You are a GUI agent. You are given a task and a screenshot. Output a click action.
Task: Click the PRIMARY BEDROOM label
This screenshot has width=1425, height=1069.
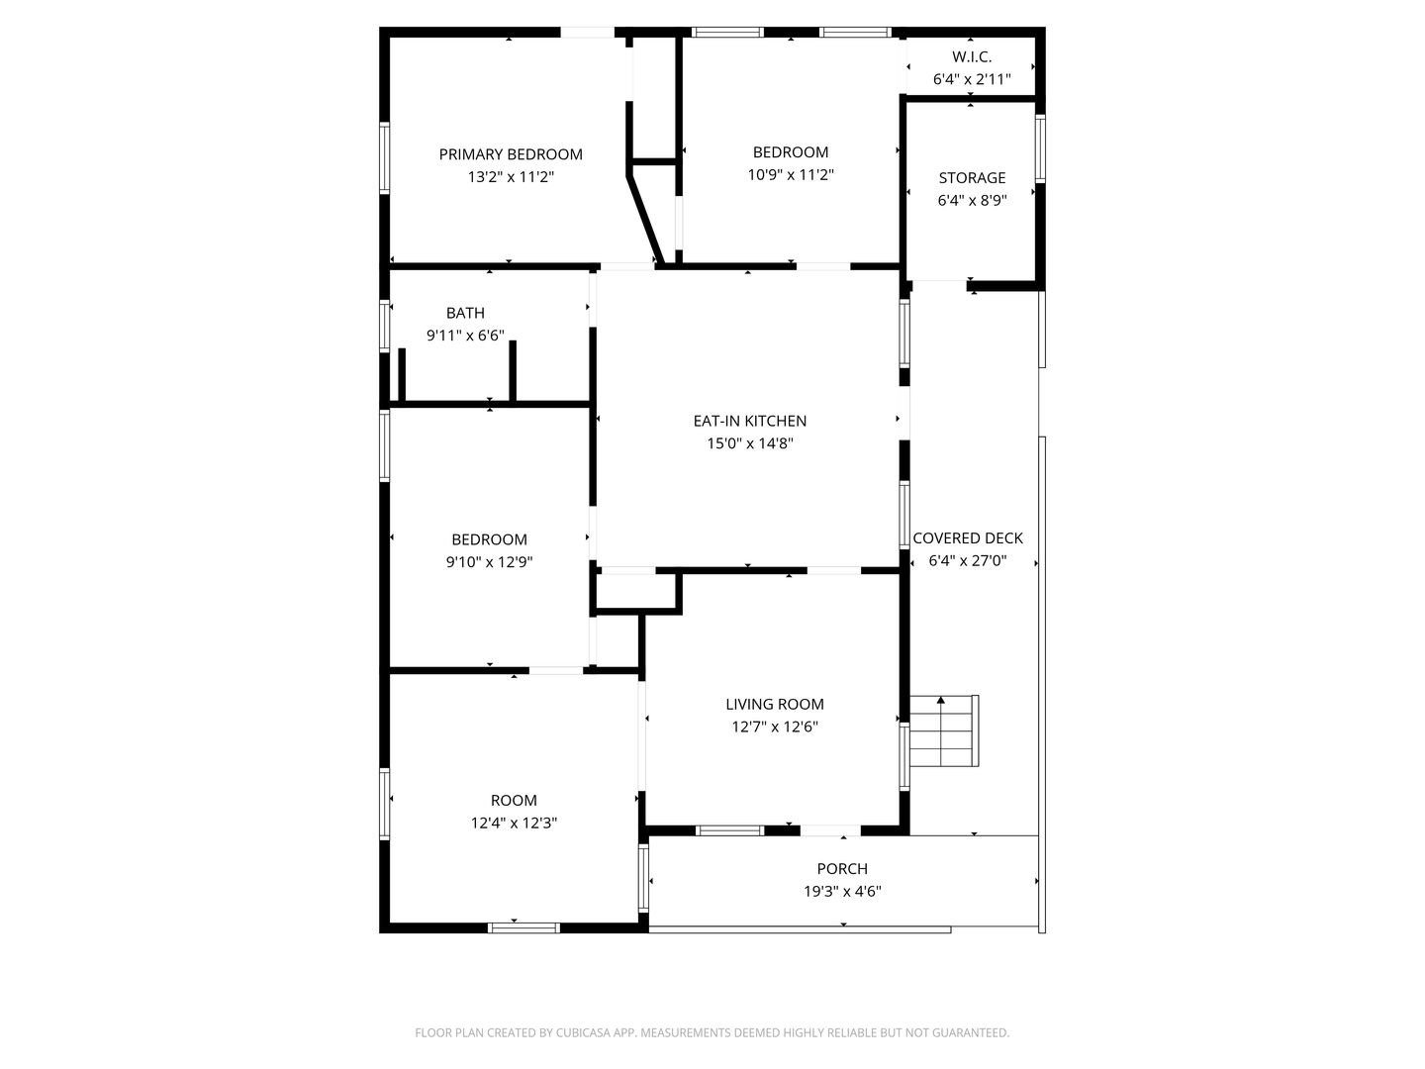[x=511, y=154]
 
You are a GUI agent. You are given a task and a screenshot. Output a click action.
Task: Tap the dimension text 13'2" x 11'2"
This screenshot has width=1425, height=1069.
[x=511, y=177]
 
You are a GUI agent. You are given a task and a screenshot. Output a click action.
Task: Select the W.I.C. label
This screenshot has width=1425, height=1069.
[x=972, y=57]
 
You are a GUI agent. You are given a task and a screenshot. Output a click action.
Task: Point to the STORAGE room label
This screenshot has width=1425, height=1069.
[x=972, y=178]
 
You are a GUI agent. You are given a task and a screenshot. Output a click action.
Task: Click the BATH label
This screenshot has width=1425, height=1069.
[x=465, y=314]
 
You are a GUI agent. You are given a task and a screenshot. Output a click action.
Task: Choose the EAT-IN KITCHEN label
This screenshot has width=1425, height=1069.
[x=749, y=422]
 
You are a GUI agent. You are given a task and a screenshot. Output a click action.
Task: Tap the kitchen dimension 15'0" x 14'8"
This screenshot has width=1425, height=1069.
[x=749, y=444]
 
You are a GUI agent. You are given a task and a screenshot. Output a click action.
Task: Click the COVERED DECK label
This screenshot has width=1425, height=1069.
[x=968, y=538]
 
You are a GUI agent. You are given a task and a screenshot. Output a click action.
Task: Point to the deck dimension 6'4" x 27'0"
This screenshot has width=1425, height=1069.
[x=968, y=561]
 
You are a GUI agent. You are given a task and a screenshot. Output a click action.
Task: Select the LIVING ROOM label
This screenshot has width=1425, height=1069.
[x=775, y=705]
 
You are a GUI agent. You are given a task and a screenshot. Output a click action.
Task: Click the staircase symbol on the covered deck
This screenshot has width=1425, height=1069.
[x=943, y=731]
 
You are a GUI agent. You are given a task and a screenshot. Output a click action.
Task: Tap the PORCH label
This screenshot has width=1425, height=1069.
[x=842, y=869]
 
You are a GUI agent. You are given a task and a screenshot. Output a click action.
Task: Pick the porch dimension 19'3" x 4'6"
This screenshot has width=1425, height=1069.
[x=842, y=892]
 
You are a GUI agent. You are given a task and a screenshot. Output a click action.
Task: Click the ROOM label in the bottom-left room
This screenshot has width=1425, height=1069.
[x=514, y=801]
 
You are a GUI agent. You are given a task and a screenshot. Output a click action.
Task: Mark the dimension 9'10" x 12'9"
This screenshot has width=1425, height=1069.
[x=489, y=562]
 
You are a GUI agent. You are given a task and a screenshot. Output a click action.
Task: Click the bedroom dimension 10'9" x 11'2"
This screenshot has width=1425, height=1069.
[x=791, y=175]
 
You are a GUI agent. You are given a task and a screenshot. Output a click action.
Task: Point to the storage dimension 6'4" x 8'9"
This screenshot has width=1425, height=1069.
[x=972, y=201]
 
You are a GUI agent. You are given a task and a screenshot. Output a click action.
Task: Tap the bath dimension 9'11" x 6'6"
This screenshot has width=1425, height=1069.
[x=465, y=337]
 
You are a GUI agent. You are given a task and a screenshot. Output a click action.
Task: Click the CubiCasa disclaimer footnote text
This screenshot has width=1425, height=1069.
[x=712, y=1033]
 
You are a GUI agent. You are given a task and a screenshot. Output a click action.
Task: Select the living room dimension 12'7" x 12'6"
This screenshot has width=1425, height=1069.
[x=775, y=728]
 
